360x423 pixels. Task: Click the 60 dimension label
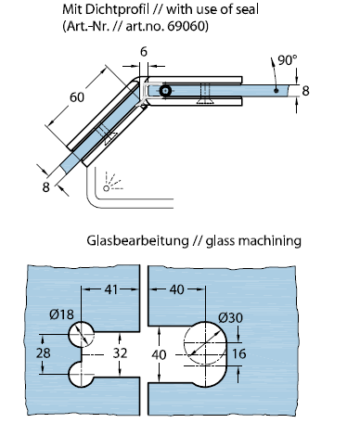point(77,97)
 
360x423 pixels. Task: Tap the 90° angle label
point(288,60)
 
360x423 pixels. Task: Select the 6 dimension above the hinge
point(144,52)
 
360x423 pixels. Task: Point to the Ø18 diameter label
point(61,314)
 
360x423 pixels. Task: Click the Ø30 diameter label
point(230,317)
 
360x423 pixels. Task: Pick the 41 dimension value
point(111,289)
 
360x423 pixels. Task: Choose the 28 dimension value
point(43,352)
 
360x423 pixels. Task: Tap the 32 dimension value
point(120,352)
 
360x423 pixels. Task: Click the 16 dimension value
point(238,353)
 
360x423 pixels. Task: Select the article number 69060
point(186,26)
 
